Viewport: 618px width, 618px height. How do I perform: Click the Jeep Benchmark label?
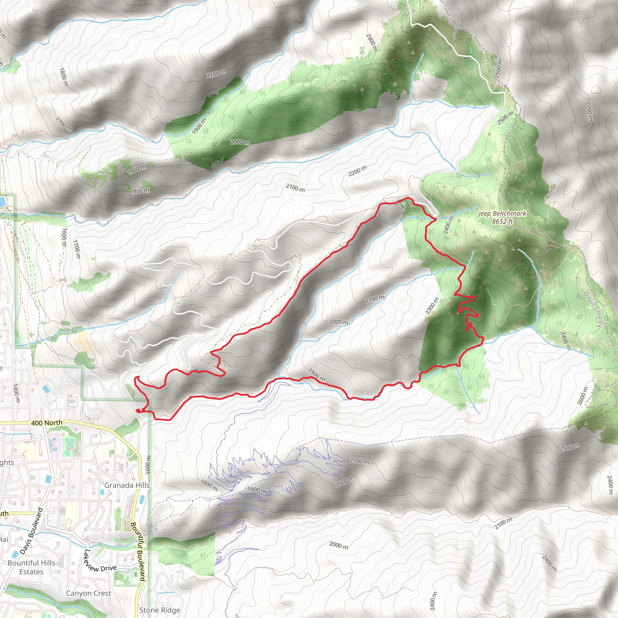(502, 213)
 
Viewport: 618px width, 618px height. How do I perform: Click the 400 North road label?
(47, 423)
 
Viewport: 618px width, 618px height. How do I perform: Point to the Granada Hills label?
(127, 485)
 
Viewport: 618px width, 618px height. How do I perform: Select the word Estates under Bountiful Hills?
(31, 572)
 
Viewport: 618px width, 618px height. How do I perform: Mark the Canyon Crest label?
(89, 593)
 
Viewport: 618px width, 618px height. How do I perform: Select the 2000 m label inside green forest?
(240, 142)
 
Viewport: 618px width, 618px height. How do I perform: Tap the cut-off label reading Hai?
(4, 540)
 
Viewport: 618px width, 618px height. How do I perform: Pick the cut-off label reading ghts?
(7, 463)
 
